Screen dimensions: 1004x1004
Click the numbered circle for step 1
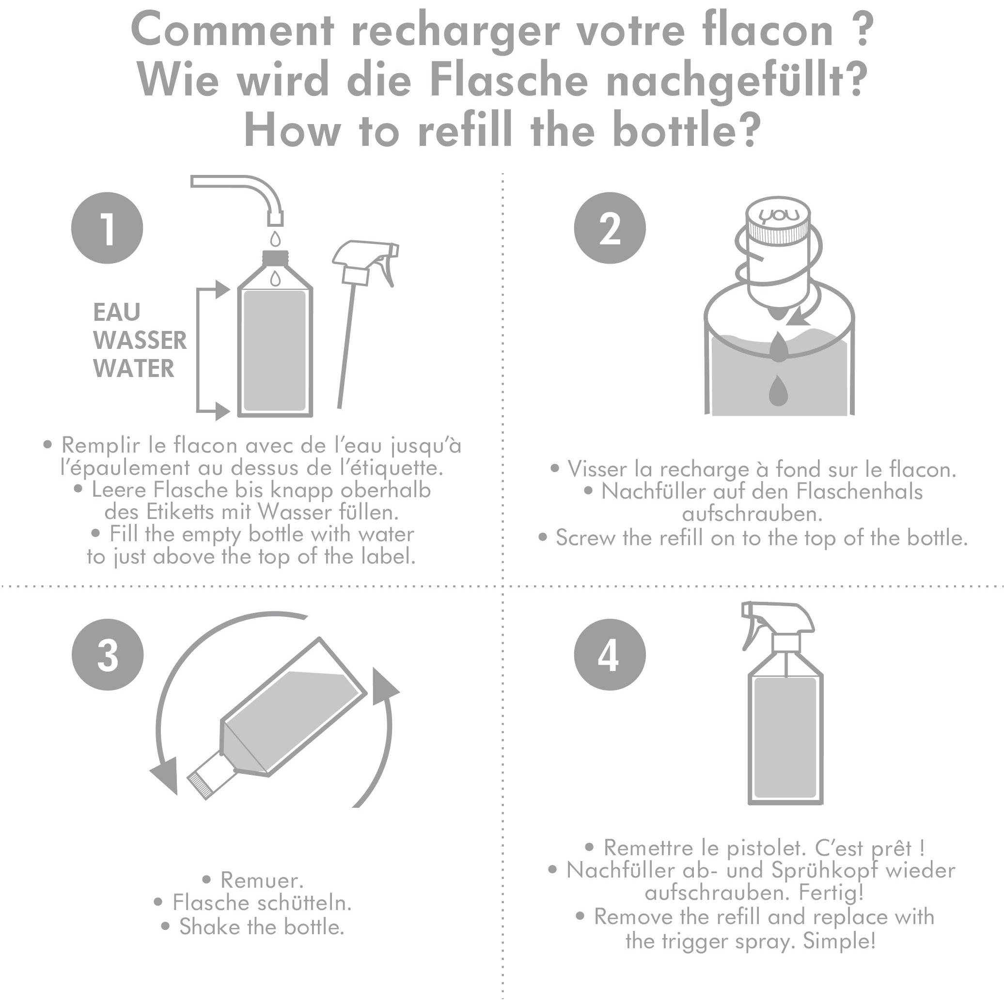[107, 228]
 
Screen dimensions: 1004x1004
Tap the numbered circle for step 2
[610, 228]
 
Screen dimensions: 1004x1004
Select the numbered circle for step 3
[108, 654]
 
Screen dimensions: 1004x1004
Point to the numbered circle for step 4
[610, 654]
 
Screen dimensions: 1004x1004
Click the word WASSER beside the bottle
[140, 340]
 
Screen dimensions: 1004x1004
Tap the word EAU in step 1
[117, 312]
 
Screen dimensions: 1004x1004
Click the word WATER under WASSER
[134, 368]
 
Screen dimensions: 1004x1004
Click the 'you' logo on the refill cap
[777, 215]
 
